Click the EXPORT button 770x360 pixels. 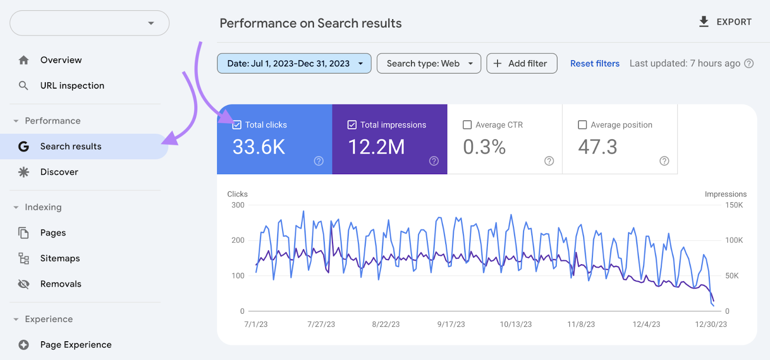click(725, 22)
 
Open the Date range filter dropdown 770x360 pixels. click(294, 64)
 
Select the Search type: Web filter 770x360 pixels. click(428, 64)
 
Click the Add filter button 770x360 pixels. click(522, 64)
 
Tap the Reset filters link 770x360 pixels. click(595, 64)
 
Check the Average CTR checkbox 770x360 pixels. click(467, 125)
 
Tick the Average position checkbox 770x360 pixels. click(582, 125)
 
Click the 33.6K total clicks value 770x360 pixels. click(259, 147)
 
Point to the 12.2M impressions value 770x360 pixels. click(376, 147)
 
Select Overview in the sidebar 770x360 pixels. click(61, 60)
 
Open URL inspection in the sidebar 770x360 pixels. click(72, 86)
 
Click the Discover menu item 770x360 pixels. click(59, 172)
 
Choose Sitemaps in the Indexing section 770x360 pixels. click(60, 258)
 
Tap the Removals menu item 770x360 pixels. click(61, 284)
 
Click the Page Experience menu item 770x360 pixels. click(76, 345)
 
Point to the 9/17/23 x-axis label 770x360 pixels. click(451, 324)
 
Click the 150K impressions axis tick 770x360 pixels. click(734, 206)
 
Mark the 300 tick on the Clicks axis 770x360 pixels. click(238, 206)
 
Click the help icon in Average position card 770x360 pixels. click(664, 161)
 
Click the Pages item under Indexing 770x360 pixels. click(53, 233)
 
